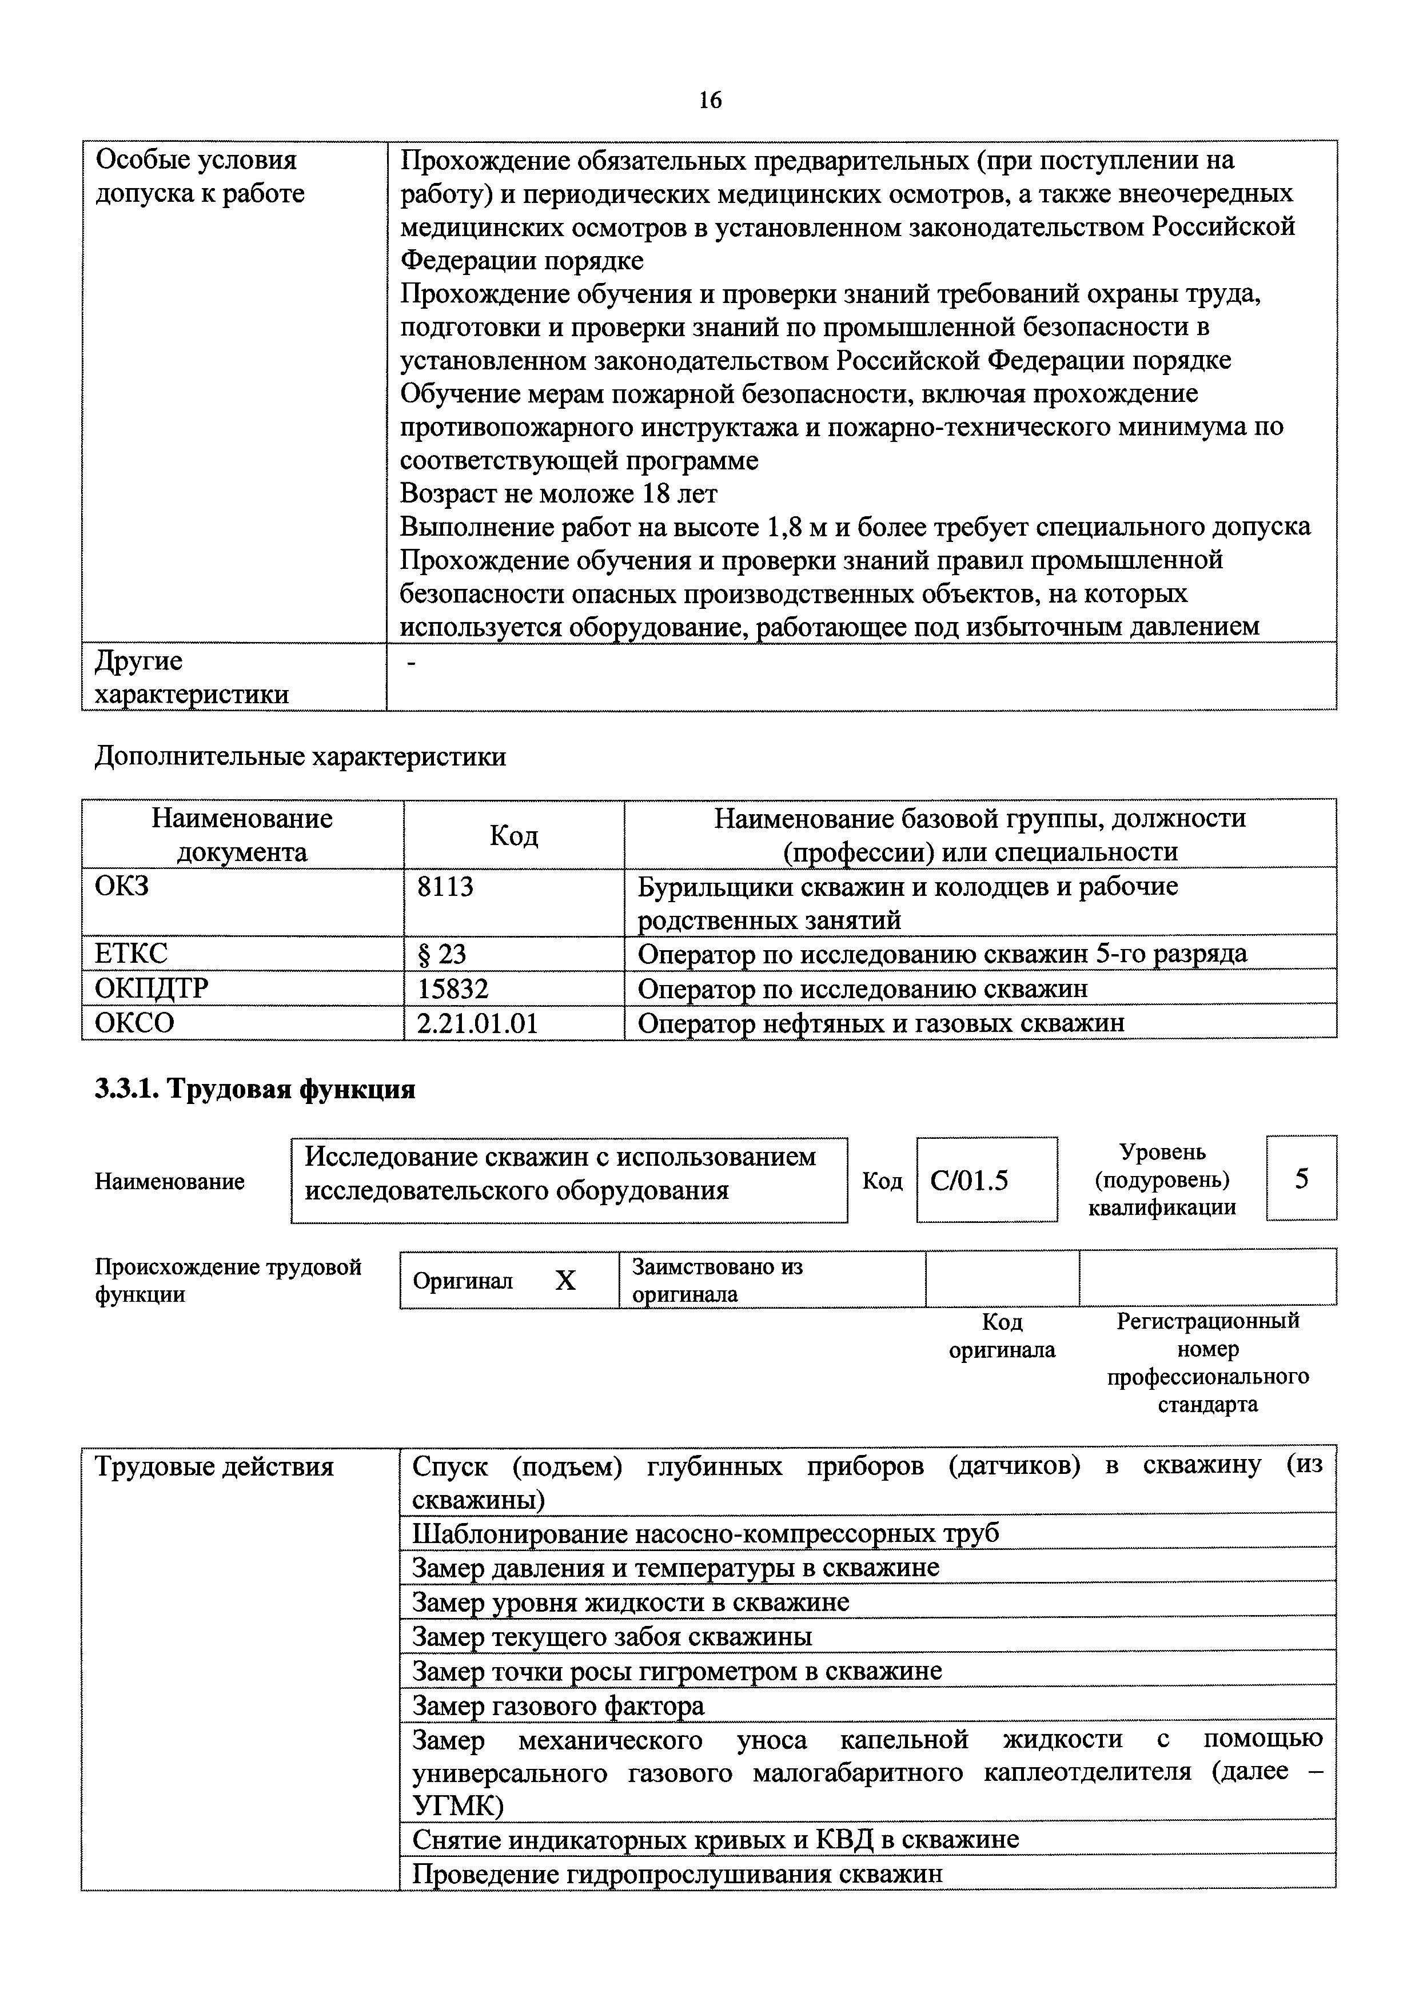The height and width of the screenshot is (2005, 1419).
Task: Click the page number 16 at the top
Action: click(x=709, y=101)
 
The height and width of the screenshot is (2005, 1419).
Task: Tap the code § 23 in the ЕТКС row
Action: click(x=442, y=953)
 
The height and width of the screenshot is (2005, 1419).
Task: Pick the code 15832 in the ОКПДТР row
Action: click(x=453, y=988)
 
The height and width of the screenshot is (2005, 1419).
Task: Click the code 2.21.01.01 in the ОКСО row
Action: click(x=477, y=1023)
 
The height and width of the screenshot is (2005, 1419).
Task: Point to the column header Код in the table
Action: click(x=514, y=835)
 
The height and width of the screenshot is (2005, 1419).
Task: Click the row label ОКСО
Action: click(x=134, y=1023)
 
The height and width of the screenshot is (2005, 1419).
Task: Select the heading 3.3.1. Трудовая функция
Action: click(x=255, y=1090)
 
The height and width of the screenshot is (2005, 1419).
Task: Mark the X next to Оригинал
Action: click(x=566, y=1281)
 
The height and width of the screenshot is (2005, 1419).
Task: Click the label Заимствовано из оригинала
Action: click(x=716, y=1280)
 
